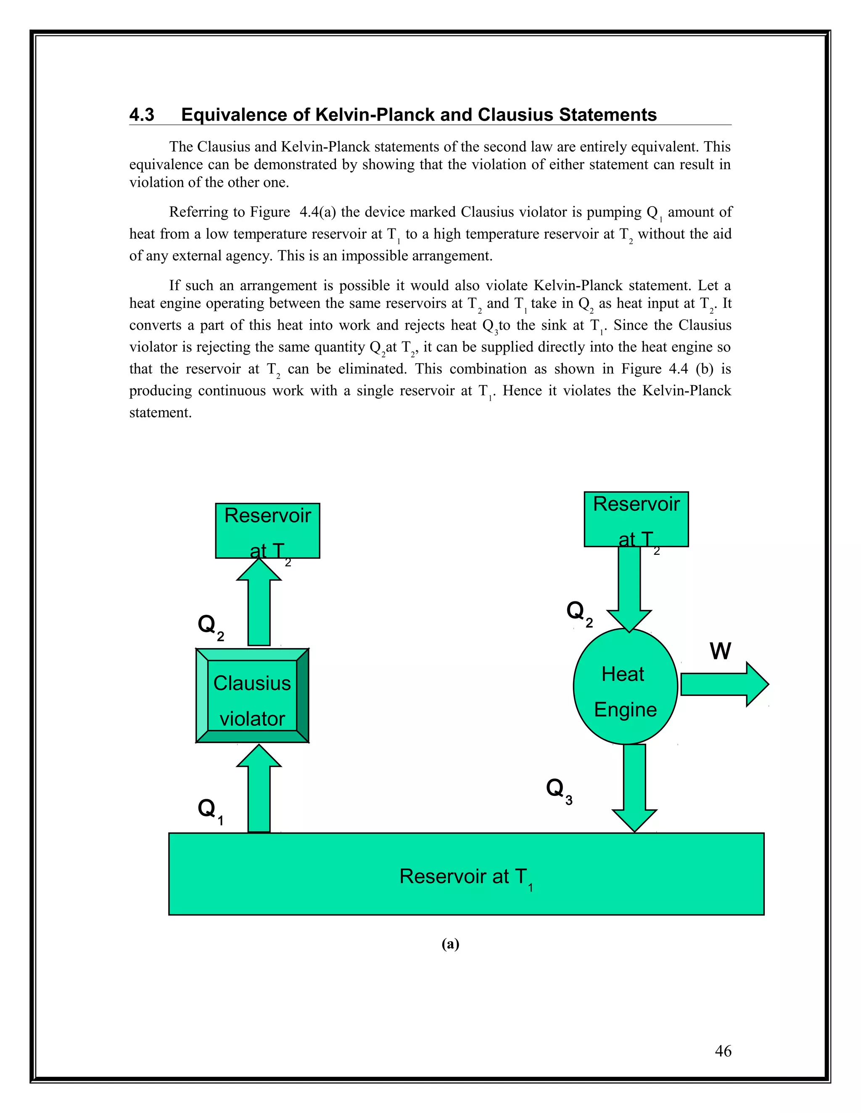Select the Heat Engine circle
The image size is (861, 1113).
pos(625,686)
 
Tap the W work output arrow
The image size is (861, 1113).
pos(724,684)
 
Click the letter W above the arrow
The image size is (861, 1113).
pos(720,651)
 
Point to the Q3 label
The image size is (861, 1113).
pos(559,790)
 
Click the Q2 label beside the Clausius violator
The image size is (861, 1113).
pos(210,626)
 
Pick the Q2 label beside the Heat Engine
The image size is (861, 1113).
pos(579,612)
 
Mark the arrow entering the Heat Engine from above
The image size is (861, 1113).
pos(629,588)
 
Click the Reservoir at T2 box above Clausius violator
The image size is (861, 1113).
pos(267,530)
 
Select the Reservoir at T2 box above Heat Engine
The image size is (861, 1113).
pos(636,519)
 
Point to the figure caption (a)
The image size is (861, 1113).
pos(450,944)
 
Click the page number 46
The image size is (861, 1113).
pos(723,1050)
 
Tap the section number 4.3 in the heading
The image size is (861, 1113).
pos(142,115)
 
